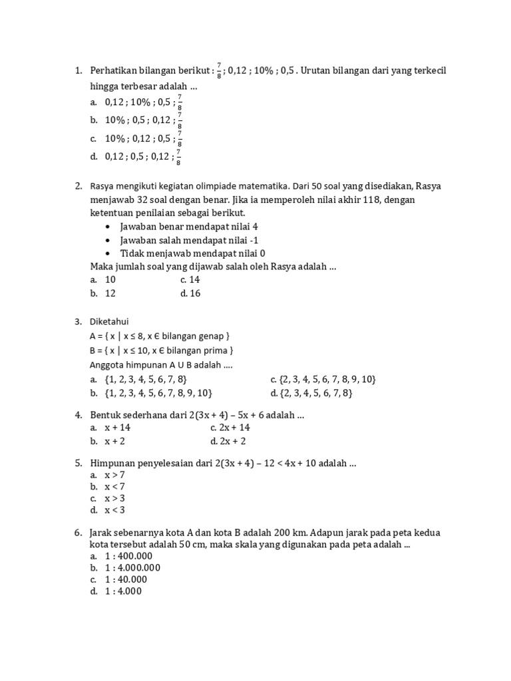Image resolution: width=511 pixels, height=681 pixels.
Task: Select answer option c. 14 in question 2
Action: point(190,280)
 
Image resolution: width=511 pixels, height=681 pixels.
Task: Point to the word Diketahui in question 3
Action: point(110,322)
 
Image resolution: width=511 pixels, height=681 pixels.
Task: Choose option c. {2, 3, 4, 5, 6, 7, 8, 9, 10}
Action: point(323,379)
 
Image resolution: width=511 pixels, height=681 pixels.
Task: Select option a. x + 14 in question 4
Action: point(117,428)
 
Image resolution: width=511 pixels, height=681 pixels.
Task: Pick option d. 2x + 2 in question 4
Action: point(228,441)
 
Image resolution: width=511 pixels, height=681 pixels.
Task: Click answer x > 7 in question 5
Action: point(114,476)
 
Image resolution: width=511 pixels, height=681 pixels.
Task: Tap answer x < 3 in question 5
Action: point(114,510)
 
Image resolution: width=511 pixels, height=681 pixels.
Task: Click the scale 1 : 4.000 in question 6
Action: point(123,591)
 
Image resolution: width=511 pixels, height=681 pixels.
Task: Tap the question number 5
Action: point(79,464)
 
